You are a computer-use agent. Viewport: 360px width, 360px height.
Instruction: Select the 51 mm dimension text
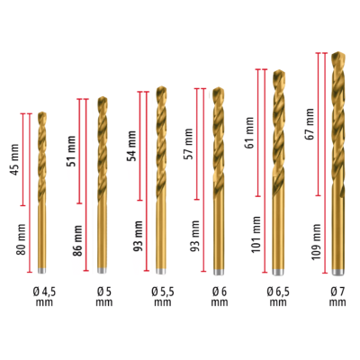pos(72,147)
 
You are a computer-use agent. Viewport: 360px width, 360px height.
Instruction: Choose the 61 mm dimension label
pos(249,129)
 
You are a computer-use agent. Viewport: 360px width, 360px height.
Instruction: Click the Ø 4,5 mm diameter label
pos(41,296)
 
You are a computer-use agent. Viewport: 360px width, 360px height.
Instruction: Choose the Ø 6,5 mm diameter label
pos(279,296)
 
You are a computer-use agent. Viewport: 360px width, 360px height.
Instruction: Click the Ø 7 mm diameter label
pos(337,296)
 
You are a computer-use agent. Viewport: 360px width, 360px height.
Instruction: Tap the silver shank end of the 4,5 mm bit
pos(41,268)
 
